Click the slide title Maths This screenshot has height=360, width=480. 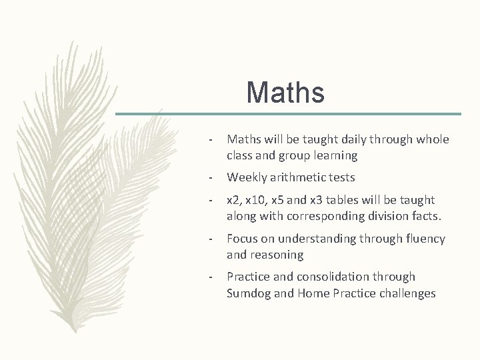tap(285, 93)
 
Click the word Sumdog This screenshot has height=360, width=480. tap(249, 293)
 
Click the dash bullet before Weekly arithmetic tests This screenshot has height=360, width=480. tap(211, 178)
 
